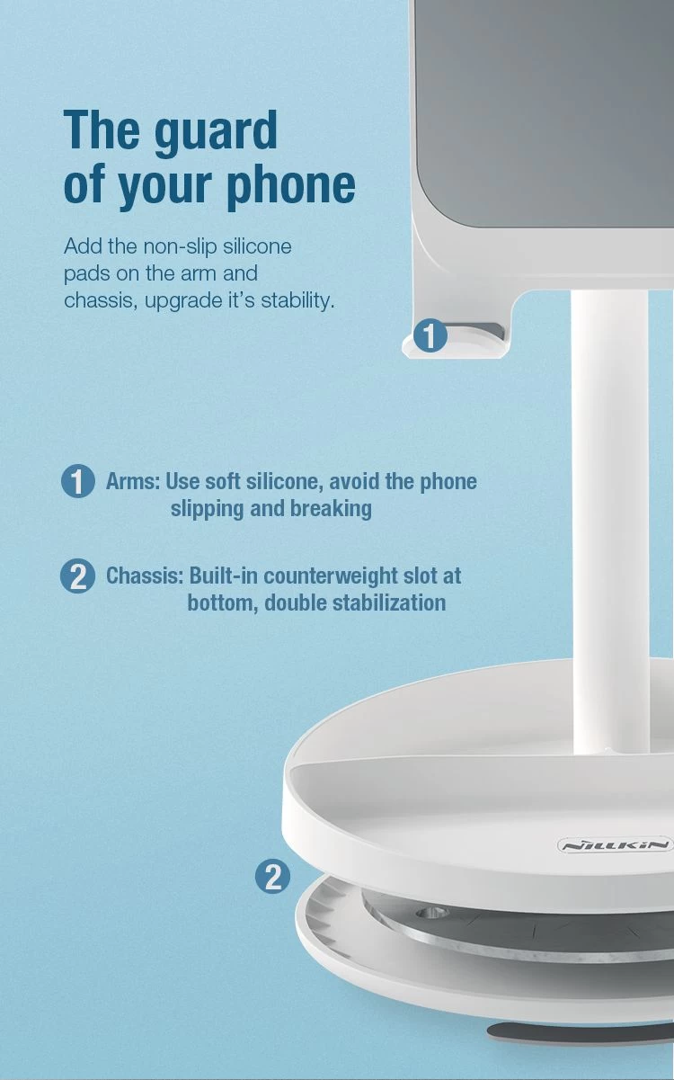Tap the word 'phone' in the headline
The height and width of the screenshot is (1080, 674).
[291, 185]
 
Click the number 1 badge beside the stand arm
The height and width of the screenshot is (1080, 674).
[430, 336]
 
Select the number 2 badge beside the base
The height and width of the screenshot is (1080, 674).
[272, 877]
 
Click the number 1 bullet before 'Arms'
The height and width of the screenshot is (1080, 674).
[78, 481]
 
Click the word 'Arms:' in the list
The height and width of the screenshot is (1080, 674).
[133, 481]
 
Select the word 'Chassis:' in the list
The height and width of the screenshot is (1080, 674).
[145, 576]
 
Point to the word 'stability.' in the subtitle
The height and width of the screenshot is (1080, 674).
[297, 301]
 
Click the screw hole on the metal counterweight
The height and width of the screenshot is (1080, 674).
[432, 912]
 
